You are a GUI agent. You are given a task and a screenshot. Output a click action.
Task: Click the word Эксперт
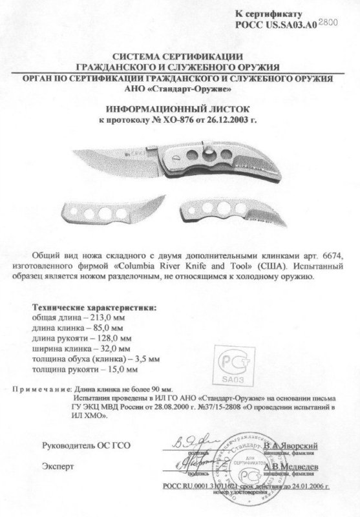[58, 465]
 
